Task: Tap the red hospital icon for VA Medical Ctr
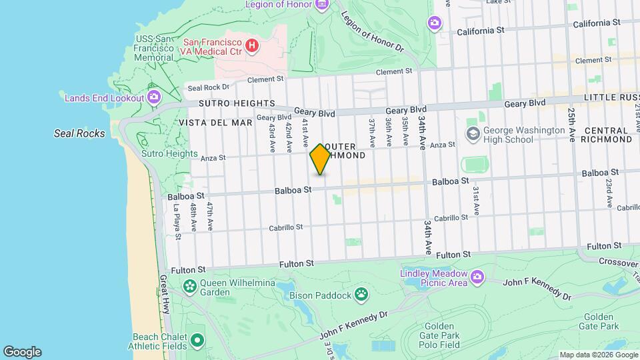[252, 45]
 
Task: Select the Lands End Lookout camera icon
[154, 98]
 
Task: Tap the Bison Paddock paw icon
[361, 294]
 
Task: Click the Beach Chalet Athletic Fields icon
[197, 341]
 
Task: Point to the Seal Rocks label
[79, 133]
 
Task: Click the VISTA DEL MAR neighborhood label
[215, 123]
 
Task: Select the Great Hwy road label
[164, 294]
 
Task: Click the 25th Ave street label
[571, 125]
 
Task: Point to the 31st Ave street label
[476, 200]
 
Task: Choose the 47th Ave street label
[209, 217]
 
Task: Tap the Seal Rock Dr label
[208, 87]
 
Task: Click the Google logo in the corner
[22, 351]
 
